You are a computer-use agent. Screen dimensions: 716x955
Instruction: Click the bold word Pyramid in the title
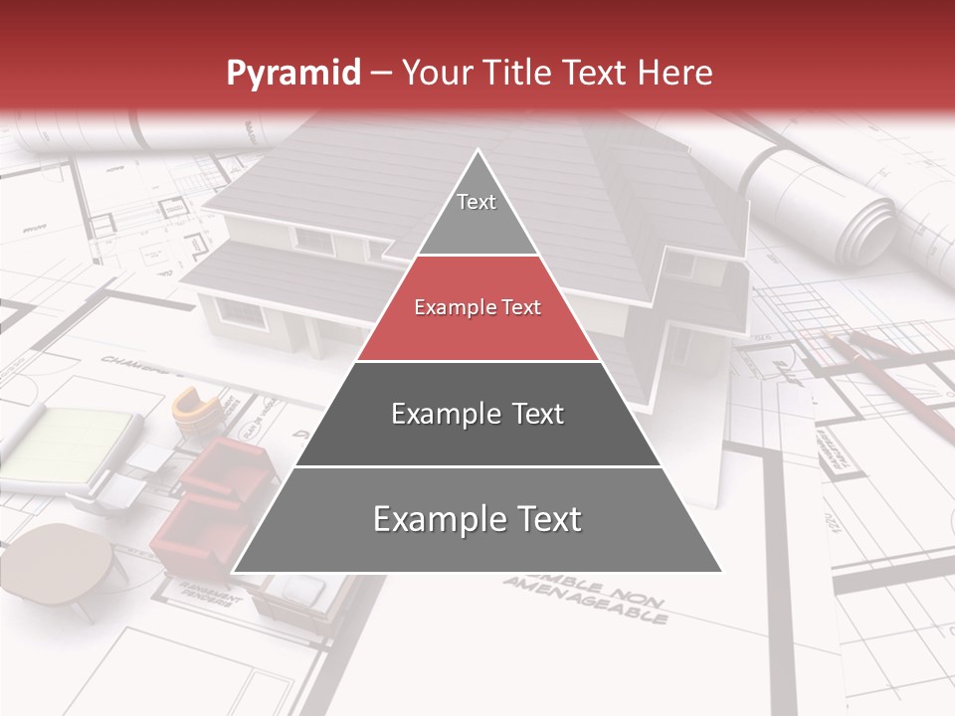click(292, 73)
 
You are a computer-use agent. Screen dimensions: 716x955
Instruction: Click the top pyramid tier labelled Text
click(477, 214)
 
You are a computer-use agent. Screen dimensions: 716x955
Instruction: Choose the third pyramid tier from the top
click(477, 414)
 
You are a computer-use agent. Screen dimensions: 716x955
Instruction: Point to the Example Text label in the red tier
click(477, 307)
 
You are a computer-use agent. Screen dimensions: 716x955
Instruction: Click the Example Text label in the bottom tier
click(477, 519)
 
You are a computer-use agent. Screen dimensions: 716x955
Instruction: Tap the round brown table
click(64, 562)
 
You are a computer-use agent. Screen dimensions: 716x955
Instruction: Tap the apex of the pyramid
click(477, 152)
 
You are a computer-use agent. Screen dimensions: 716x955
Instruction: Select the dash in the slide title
click(381, 74)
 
